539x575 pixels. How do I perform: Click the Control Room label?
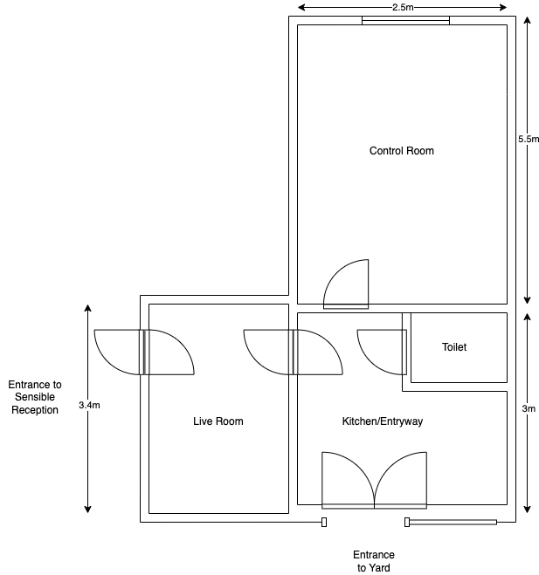[x=401, y=151]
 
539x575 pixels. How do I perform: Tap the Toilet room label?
[x=454, y=347]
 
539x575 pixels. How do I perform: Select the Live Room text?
[x=218, y=421]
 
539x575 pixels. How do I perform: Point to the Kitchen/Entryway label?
[x=382, y=421]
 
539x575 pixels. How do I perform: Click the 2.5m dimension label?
[x=403, y=8]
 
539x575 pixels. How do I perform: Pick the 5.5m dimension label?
[x=529, y=139]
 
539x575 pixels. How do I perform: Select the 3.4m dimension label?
[x=88, y=405]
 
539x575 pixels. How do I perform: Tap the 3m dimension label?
[x=528, y=407]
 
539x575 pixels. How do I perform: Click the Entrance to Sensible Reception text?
[x=35, y=397]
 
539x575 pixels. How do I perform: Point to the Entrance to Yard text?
[x=373, y=561]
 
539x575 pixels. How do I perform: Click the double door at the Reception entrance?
[x=144, y=352]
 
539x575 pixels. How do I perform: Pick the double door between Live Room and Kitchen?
[x=294, y=352]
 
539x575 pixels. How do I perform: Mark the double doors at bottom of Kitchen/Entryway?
[x=375, y=480]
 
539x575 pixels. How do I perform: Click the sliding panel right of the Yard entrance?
[x=452, y=522]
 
